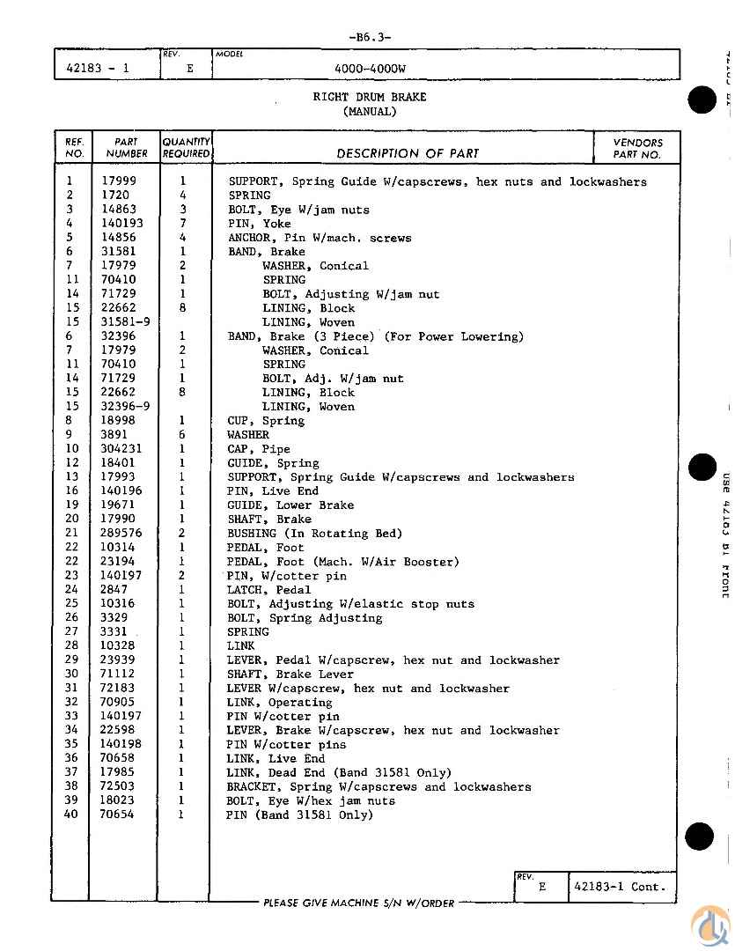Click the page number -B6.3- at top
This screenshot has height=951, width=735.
[369, 37]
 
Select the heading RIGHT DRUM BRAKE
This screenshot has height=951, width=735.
[369, 97]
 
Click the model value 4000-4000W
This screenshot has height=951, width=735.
[370, 68]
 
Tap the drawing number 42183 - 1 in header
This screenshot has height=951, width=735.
[98, 68]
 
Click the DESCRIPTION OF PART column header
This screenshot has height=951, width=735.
[408, 153]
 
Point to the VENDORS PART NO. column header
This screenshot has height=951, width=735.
[638, 148]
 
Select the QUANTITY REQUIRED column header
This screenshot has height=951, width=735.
[186, 148]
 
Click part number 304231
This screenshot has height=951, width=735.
[122, 449]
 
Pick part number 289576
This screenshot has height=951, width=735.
[122, 534]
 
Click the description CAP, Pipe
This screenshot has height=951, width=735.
[259, 449]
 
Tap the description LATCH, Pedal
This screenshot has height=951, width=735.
[268, 590]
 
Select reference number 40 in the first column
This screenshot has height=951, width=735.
[71, 815]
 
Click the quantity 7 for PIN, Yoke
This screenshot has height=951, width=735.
[183, 224]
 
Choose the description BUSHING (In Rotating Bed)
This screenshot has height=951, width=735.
[314, 534]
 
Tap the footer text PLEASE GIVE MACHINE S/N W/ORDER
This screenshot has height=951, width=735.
[359, 903]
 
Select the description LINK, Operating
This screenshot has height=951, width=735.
[279, 703]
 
